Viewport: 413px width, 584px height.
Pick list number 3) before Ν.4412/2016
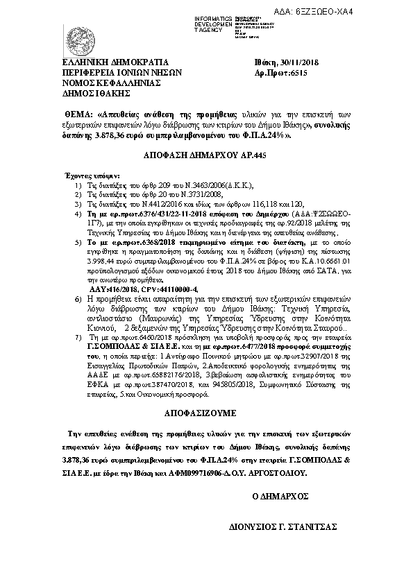coord(77,206)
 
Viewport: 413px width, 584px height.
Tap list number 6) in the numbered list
coord(77,298)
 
